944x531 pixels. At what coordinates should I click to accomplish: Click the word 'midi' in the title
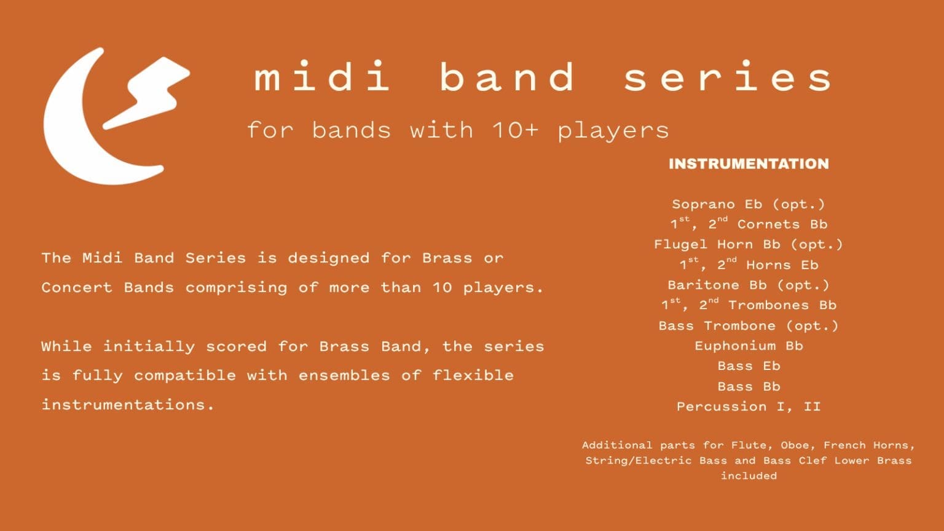(x=321, y=76)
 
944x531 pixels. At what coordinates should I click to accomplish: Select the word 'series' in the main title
(x=728, y=76)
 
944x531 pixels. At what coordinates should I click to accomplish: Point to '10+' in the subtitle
(x=516, y=130)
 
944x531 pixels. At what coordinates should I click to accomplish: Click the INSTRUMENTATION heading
(x=749, y=164)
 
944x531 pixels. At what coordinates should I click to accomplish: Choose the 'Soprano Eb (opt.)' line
(x=749, y=205)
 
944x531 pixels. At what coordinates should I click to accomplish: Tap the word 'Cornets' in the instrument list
(x=768, y=224)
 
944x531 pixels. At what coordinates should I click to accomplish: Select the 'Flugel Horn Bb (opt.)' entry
(x=749, y=245)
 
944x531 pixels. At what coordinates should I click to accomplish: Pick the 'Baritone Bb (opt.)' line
(x=749, y=286)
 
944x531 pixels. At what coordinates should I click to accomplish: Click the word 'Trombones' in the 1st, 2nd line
(x=769, y=305)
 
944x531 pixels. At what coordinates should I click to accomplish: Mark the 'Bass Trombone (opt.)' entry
(x=749, y=326)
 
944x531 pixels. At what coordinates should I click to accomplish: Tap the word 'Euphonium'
(x=735, y=346)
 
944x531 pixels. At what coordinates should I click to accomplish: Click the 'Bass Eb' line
(x=749, y=366)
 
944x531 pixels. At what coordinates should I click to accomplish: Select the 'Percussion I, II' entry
(x=749, y=407)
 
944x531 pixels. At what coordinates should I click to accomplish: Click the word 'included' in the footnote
(x=749, y=476)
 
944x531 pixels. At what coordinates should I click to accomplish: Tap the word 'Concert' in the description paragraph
(x=77, y=288)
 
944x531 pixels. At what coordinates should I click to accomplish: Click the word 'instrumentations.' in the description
(x=128, y=405)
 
